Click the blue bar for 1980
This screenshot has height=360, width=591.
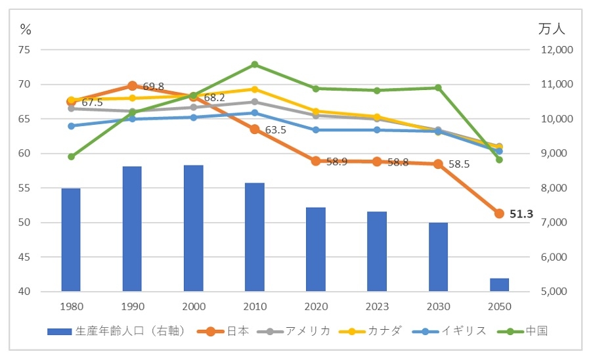[x=71, y=240]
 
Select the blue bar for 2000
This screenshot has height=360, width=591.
[x=193, y=228]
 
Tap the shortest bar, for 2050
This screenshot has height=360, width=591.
[x=499, y=284]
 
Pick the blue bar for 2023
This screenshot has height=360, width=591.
[x=377, y=251]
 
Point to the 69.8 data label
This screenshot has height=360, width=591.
[x=153, y=87]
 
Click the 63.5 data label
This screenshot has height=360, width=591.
[x=276, y=130]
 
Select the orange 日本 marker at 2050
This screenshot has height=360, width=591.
[x=499, y=214]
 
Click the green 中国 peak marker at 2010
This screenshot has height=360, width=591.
[x=254, y=64]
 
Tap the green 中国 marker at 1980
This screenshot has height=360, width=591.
[x=71, y=156]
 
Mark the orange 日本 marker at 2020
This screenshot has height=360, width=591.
[x=316, y=160]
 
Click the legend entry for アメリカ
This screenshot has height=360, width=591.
[x=297, y=331]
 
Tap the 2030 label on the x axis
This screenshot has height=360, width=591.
[x=438, y=306]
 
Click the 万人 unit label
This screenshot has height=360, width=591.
[x=552, y=29]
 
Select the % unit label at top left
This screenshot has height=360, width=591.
[x=26, y=29]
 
